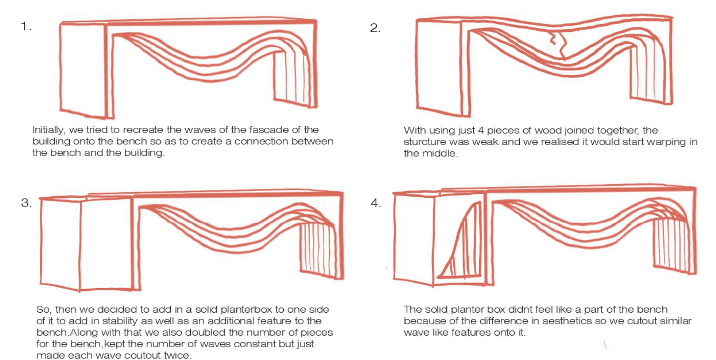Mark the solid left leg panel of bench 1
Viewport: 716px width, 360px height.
point(82,69)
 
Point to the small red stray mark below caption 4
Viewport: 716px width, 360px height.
point(605,345)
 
